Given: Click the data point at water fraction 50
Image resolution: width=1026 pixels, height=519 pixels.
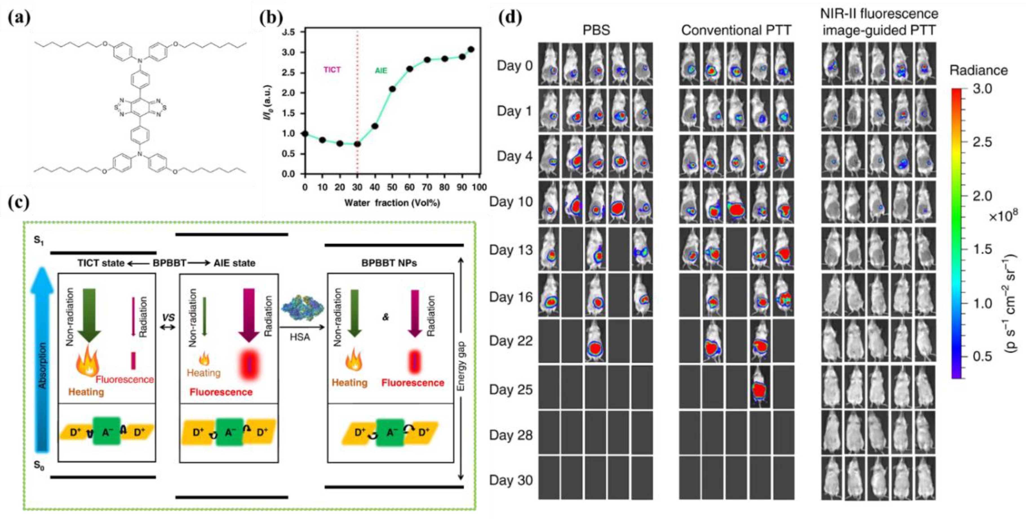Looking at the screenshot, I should [x=392, y=89].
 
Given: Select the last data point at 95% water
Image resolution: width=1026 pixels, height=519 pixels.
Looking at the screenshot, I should [x=471, y=49].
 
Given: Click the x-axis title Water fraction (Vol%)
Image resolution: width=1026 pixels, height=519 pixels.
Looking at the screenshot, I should [x=392, y=203].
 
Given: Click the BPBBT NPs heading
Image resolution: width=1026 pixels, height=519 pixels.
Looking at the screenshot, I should [x=389, y=263].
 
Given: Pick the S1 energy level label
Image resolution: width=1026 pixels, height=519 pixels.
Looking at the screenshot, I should [x=39, y=241].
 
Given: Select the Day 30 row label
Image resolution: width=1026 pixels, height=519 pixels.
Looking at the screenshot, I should [x=511, y=480].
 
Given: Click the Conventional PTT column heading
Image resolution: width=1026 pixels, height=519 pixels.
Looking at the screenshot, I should [x=736, y=30].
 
